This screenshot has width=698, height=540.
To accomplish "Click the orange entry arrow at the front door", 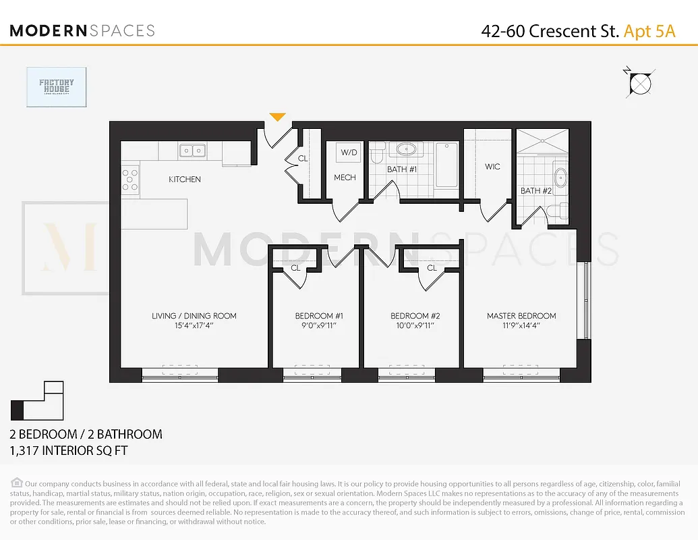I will click(x=277, y=118).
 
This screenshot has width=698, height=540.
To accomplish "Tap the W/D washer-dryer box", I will click(x=349, y=153).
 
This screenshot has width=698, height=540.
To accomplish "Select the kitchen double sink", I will click(x=193, y=151).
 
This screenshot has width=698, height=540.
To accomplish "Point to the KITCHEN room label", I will click(x=185, y=180).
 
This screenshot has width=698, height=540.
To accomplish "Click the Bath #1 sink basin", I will click(x=407, y=149).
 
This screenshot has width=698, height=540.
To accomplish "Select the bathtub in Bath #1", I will click(x=446, y=165).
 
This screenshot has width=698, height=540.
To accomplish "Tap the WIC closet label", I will click(x=492, y=167).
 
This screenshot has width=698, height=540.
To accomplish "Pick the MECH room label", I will click(x=345, y=178).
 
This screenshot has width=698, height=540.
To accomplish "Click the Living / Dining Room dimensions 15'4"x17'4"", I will click(x=194, y=325).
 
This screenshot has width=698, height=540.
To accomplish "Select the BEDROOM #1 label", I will click(x=319, y=316).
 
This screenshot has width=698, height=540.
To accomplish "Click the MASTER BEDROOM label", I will click(x=521, y=316).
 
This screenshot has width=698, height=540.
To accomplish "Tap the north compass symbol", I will click(x=639, y=83).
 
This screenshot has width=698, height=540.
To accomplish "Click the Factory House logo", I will click(x=57, y=87).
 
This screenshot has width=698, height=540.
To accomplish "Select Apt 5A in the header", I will click(x=649, y=31).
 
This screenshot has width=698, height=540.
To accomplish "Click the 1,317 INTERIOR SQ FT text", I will click(x=68, y=450).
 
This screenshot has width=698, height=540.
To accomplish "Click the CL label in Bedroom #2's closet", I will click(x=432, y=268).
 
